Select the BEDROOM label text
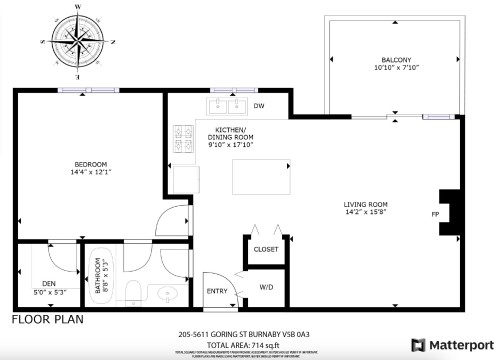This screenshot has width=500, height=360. click(x=90, y=168)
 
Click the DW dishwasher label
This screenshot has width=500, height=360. click(x=259, y=105)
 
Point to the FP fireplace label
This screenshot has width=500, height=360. click(x=435, y=214)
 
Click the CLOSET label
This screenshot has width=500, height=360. click(x=265, y=250)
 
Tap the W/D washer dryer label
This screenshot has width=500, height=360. click(x=266, y=287)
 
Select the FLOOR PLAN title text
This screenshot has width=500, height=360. click(x=47, y=320)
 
